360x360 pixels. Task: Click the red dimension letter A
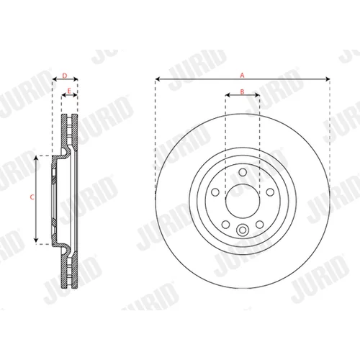coord(242,75)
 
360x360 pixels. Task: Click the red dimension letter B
coord(242,91)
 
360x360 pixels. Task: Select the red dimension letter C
coord(32,197)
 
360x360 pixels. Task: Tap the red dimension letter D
coord(65,76)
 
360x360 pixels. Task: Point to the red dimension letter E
coord(69,91)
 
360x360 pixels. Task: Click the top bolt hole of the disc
coord(243,172)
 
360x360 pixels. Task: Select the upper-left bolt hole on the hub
coord(215,192)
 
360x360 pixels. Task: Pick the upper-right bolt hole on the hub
coord(270,192)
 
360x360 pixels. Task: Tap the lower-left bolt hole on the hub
coord(225,225)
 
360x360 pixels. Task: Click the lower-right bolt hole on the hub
coord(260,225)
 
